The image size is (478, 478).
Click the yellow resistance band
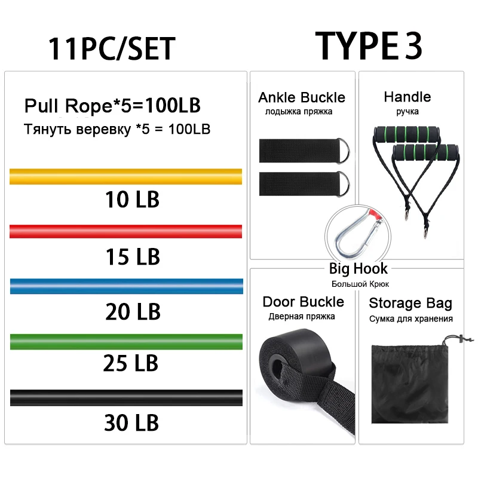coord(126,177)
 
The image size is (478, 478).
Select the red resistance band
coord(126,232)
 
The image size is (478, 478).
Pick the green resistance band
coord(126,341)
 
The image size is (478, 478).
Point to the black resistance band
coord(126,397)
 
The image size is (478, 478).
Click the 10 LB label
coord(132,199)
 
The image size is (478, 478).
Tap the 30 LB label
coord(132,422)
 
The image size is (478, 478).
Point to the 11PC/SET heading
coord(112,48)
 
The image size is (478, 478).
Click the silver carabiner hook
coord(353,234)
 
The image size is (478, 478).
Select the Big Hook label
coord(358,269)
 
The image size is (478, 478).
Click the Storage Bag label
coord(410,304)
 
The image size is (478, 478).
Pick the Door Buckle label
coord(304,302)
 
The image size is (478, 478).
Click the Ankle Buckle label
coord(302,97)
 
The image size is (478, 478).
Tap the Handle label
coord(407,97)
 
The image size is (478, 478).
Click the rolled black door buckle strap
coord(287,364)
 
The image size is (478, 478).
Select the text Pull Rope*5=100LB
coord(112,106)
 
